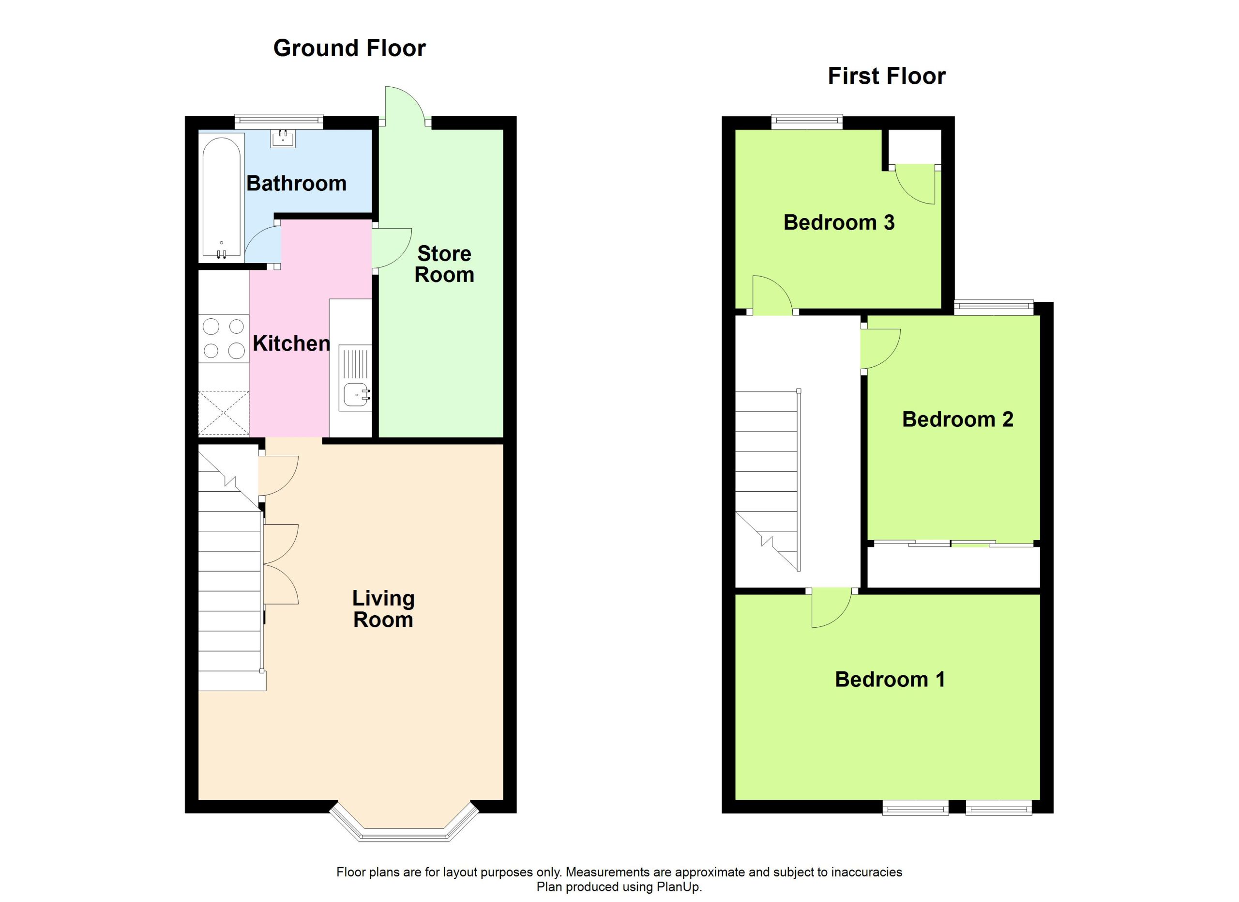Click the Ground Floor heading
(349, 48)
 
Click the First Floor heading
(887, 76)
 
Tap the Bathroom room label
(296, 183)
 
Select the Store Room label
(444, 264)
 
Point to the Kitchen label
(291, 343)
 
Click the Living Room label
(383, 608)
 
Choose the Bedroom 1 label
(890, 679)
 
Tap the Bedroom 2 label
(958, 420)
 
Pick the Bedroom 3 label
(839, 222)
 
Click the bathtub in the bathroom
(221, 197)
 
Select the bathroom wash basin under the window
(283, 139)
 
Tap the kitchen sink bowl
(356, 394)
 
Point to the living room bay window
(404, 823)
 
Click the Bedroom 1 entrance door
(831, 607)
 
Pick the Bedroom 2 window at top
(994, 308)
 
